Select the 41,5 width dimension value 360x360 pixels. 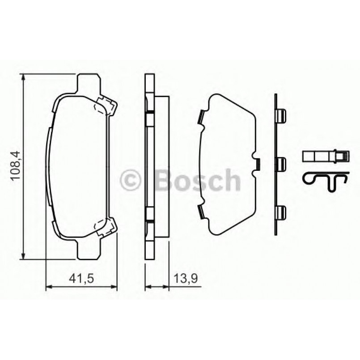[81, 279]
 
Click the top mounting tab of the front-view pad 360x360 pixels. [88, 83]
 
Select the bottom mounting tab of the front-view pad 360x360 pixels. [88, 250]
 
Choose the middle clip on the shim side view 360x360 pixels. [280, 164]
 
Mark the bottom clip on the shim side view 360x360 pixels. [280, 212]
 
